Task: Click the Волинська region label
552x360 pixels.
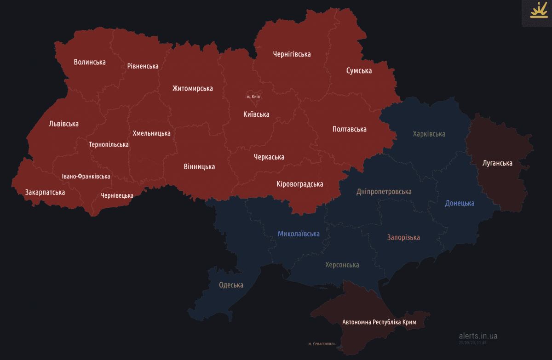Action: click(90, 62)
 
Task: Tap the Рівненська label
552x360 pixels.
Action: click(143, 66)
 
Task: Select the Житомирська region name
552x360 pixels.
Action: click(192, 88)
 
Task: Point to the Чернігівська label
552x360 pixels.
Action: click(292, 54)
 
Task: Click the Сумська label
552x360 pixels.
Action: click(359, 71)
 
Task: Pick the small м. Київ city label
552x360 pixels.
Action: click(253, 97)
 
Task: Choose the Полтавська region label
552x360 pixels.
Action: click(349, 129)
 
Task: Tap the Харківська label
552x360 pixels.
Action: click(429, 134)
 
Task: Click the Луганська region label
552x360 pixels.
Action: click(497, 163)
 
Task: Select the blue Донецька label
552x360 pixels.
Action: click(460, 203)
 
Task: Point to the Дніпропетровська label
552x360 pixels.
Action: click(384, 192)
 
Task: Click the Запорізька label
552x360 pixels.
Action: click(403, 238)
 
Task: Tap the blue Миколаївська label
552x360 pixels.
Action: click(299, 234)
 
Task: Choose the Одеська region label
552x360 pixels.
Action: click(231, 285)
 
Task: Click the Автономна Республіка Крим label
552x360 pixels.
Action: click(379, 322)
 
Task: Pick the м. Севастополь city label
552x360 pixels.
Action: click(322, 344)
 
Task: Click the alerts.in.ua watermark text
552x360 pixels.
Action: click(478, 336)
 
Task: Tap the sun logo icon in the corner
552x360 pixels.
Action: click(536, 11)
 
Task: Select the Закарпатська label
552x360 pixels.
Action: click(45, 192)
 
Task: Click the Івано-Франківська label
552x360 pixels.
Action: click(86, 177)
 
